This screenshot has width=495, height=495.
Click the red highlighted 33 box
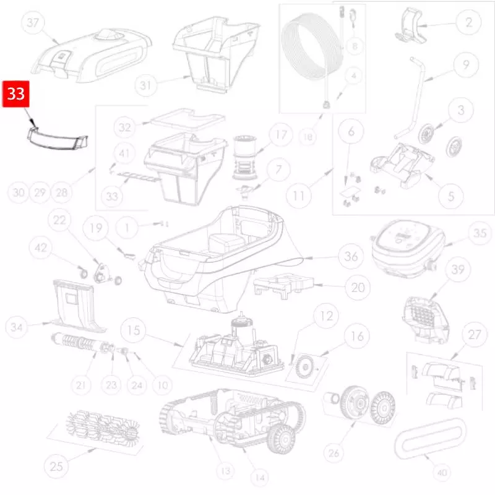pos(16,94)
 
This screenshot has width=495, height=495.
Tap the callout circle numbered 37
pos(33,22)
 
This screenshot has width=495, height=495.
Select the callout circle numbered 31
pos(145,85)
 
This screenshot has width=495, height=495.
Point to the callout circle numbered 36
pos(351,256)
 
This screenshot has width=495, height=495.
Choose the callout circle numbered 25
pos(56,467)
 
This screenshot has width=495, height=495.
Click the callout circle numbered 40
pos(442,472)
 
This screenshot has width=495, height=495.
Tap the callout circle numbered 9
pos(466,65)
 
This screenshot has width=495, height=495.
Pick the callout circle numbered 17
pos(281,135)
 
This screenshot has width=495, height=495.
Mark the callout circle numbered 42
pos(41,247)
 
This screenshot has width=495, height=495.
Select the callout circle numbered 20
pos(358,288)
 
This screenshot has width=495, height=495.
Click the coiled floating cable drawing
pos(312,48)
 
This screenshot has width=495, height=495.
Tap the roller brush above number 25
pos(103,426)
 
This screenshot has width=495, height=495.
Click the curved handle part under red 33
pos(57,138)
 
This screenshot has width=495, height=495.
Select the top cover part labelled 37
pos(91,56)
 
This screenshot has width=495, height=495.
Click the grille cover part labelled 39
pos(426,320)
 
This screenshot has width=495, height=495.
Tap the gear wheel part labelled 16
pos(305,366)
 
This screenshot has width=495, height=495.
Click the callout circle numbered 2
pos(469,22)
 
